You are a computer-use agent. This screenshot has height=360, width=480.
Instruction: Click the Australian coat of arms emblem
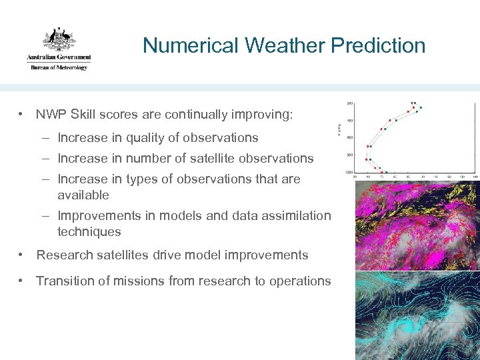coord(59,39)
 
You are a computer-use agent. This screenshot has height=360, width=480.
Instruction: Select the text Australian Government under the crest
coord(59,57)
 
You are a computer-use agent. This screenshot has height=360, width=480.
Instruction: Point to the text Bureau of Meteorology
coord(59,67)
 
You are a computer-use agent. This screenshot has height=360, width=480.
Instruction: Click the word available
coord(83,195)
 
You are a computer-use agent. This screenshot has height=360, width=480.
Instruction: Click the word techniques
coord(89,232)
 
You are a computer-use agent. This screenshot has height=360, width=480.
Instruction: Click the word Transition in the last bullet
coord(65,281)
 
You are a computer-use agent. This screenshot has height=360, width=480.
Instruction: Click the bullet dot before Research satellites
coord(23,255)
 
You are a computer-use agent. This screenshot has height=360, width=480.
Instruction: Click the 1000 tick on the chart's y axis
coord(349,172)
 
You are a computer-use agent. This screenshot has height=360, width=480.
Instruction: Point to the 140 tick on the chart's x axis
coord(475,177)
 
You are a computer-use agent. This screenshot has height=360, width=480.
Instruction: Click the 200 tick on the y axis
coord(350,103)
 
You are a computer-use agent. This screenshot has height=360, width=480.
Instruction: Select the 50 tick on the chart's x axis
coord(355,177)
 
